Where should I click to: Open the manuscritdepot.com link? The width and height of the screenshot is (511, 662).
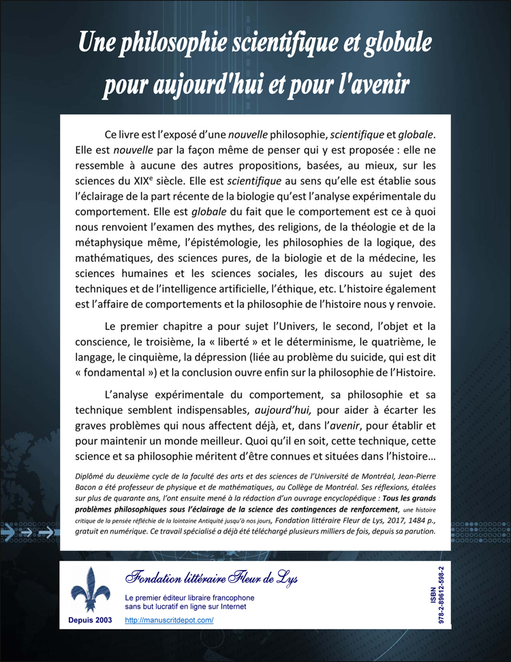pyautogui.click(x=170, y=620)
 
